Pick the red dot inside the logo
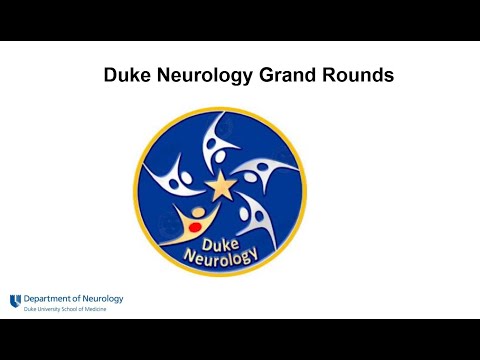[196, 227]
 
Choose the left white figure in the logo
[170, 180]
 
